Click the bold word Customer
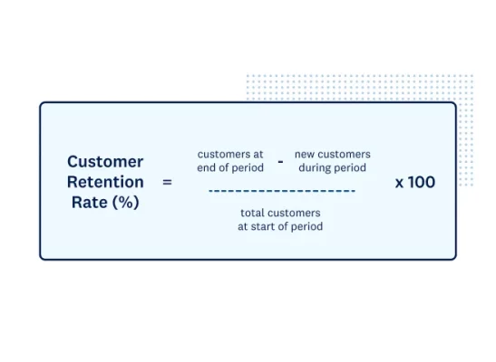click(105, 161)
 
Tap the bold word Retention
click(105, 182)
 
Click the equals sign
click(166, 182)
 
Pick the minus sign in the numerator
click(280, 161)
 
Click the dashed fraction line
click(281, 191)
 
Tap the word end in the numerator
click(208, 167)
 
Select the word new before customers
click(305, 154)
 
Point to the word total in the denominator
click(253, 213)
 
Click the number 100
click(422, 182)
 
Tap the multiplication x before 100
click(400, 183)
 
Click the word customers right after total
click(295, 213)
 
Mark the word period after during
click(350, 167)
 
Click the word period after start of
click(306, 226)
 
